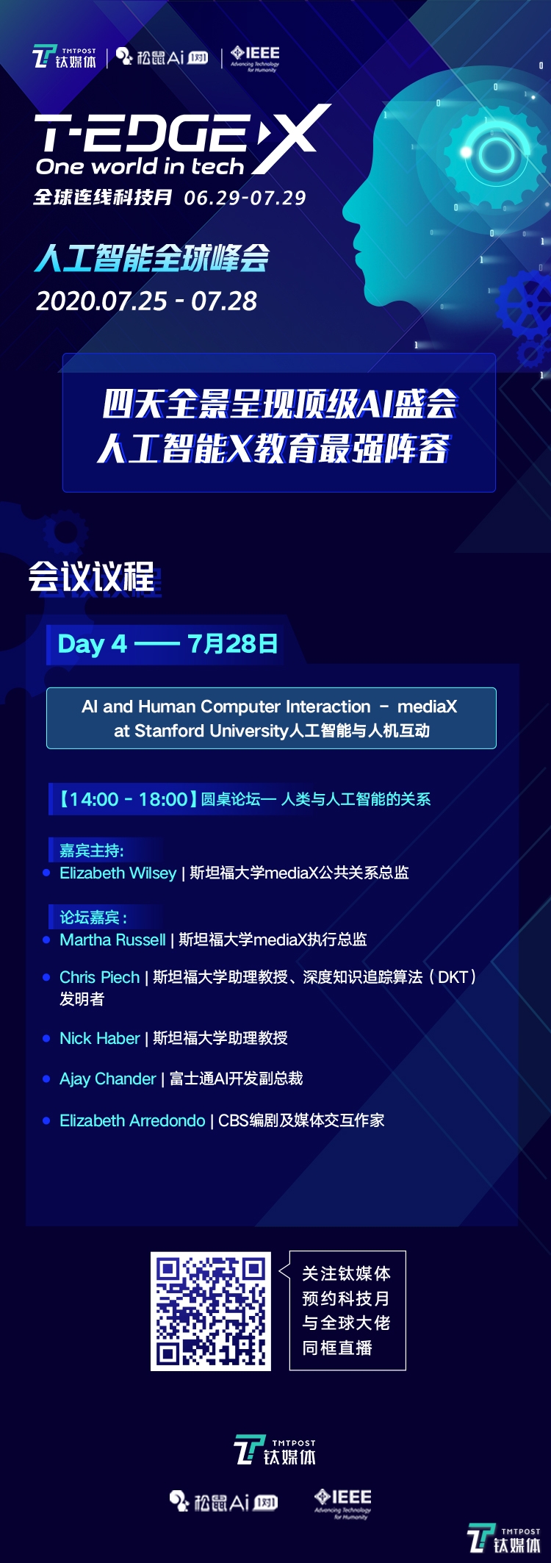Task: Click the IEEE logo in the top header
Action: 255,58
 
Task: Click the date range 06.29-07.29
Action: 245,198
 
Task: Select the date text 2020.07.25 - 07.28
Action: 146,301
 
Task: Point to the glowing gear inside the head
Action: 497,153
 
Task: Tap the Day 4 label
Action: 92,644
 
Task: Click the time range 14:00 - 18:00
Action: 129,799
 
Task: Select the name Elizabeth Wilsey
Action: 118,873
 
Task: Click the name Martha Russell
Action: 112,940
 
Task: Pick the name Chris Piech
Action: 99,977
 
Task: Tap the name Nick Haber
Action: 99,1038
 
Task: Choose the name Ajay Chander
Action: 107,1079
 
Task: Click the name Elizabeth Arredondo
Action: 132,1120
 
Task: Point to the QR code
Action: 211,1312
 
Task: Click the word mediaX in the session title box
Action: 427,707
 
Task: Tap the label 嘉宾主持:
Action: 91,851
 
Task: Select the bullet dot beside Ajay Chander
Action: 46,1079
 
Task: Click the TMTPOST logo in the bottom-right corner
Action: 505,1539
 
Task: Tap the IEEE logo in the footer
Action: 342,1503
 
